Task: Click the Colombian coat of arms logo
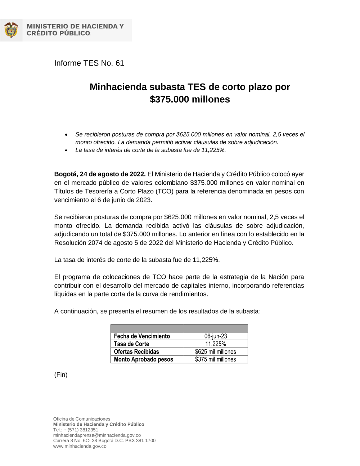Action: [11, 30]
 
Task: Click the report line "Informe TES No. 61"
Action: [89, 63]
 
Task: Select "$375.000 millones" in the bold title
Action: [190, 99]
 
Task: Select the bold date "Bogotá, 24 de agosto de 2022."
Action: [100, 174]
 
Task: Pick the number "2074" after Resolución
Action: [95, 243]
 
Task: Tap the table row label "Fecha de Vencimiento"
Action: [142, 336]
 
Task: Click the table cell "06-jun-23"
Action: [215, 336]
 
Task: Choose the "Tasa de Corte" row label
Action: [131, 344]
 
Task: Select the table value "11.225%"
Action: [215, 344]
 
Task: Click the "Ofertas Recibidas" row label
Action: [136, 352]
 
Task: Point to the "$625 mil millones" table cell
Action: [215, 352]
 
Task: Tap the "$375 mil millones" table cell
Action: [215, 359]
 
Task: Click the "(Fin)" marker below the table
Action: [61, 375]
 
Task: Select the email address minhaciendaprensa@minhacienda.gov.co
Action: [97, 435]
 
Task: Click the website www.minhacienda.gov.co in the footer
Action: [80, 446]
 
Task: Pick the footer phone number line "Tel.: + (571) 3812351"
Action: [76, 430]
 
